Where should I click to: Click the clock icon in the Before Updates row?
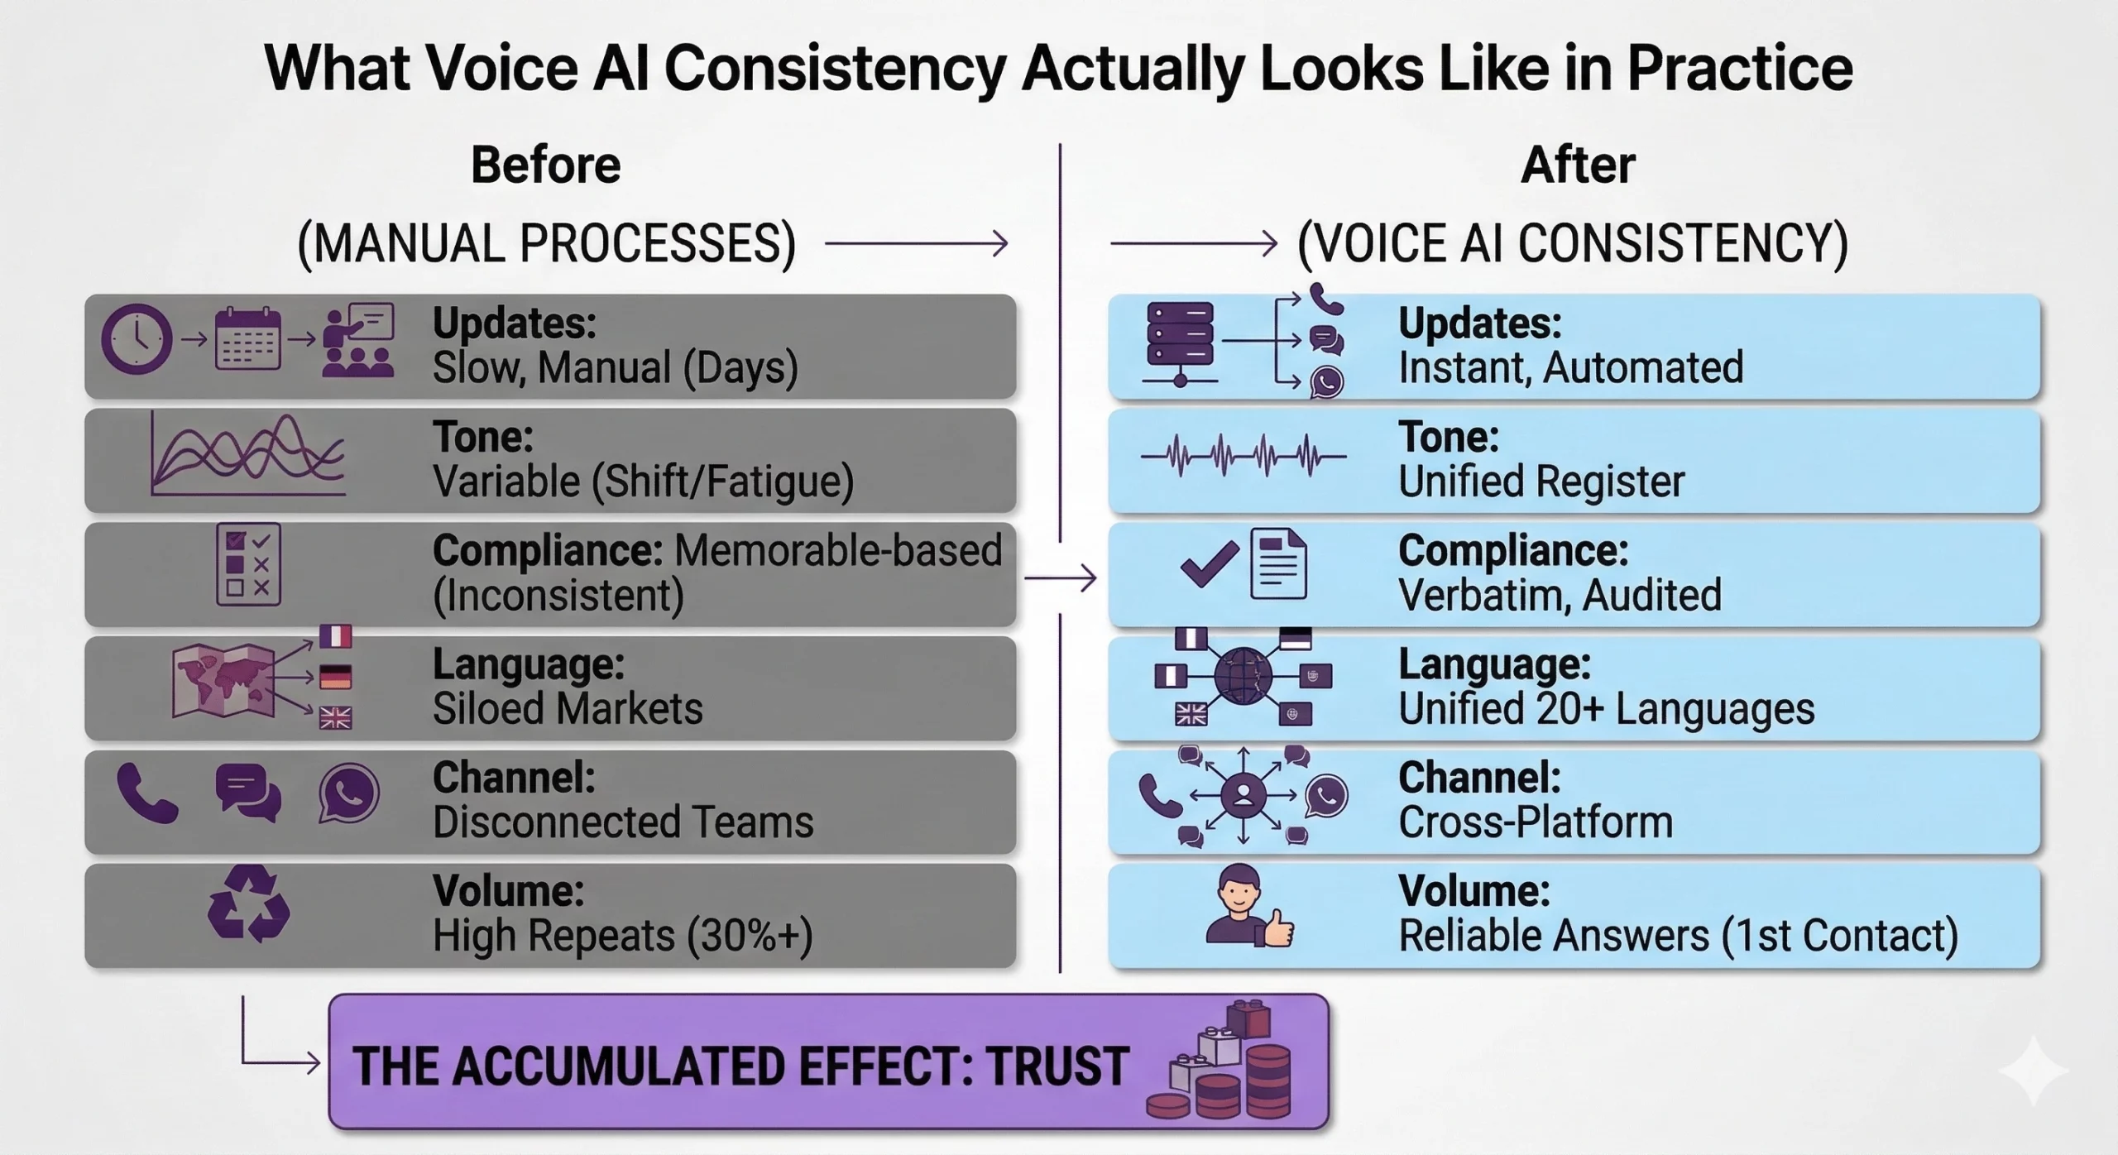[x=137, y=339]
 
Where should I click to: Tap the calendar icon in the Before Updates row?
[x=247, y=339]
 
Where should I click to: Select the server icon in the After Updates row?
[x=1180, y=334]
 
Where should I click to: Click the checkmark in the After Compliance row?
[x=1209, y=564]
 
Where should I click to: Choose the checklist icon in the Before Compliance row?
[x=248, y=564]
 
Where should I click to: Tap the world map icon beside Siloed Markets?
[x=223, y=680]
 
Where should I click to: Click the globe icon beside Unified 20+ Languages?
[x=1243, y=676]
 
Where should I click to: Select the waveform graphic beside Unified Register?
[x=1243, y=456]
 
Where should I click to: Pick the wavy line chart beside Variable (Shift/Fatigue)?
[x=248, y=456]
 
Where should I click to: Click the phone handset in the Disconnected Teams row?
[x=147, y=793]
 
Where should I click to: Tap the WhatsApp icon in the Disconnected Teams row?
[x=348, y=793]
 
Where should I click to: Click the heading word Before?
[x=545, y=165]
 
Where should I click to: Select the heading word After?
[x=1578, y=165]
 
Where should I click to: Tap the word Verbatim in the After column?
[x=1464, y=595]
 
